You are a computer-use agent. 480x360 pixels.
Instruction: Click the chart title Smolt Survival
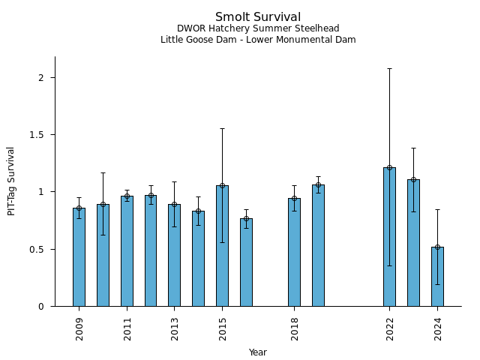click(258, 17)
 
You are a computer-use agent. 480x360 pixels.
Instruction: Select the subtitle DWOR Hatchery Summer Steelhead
click(258, 28)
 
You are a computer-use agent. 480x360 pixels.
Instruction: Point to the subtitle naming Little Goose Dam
click(258, 40)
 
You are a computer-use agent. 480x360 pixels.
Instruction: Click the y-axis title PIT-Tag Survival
click(11, 181)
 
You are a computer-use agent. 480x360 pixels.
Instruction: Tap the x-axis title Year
click(258, 352)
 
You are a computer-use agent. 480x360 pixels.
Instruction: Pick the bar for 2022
click(389, 236)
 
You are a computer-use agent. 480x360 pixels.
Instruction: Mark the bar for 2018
click(294, 252)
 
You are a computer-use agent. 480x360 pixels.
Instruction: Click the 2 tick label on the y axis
click(42, 78)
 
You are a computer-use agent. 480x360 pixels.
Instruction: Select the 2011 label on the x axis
click(127, 328)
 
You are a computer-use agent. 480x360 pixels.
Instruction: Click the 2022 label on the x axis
click(389, 328)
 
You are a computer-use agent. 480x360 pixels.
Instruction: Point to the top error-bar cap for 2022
click(389, 68)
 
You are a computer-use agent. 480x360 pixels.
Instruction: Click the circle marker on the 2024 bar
click(437, 247)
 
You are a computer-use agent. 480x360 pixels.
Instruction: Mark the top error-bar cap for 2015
click(222, 128)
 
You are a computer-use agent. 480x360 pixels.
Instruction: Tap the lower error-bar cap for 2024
click(437, 284)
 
